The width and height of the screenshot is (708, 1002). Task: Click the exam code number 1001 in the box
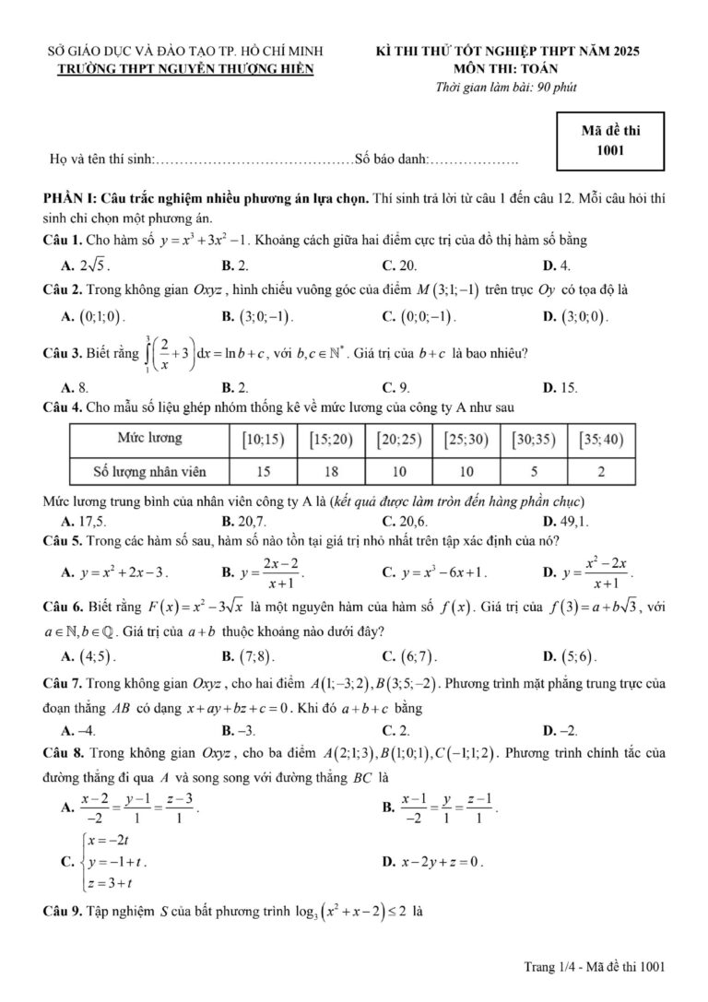click(610, 148)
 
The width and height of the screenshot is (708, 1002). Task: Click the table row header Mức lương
click(149, 438)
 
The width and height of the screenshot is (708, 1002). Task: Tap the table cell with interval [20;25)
click(399, 439)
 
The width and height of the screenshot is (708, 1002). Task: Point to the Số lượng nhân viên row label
click(149, 472)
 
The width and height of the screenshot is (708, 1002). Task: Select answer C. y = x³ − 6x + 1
click(433, 572)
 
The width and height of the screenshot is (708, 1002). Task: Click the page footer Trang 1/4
click(551, 966)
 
